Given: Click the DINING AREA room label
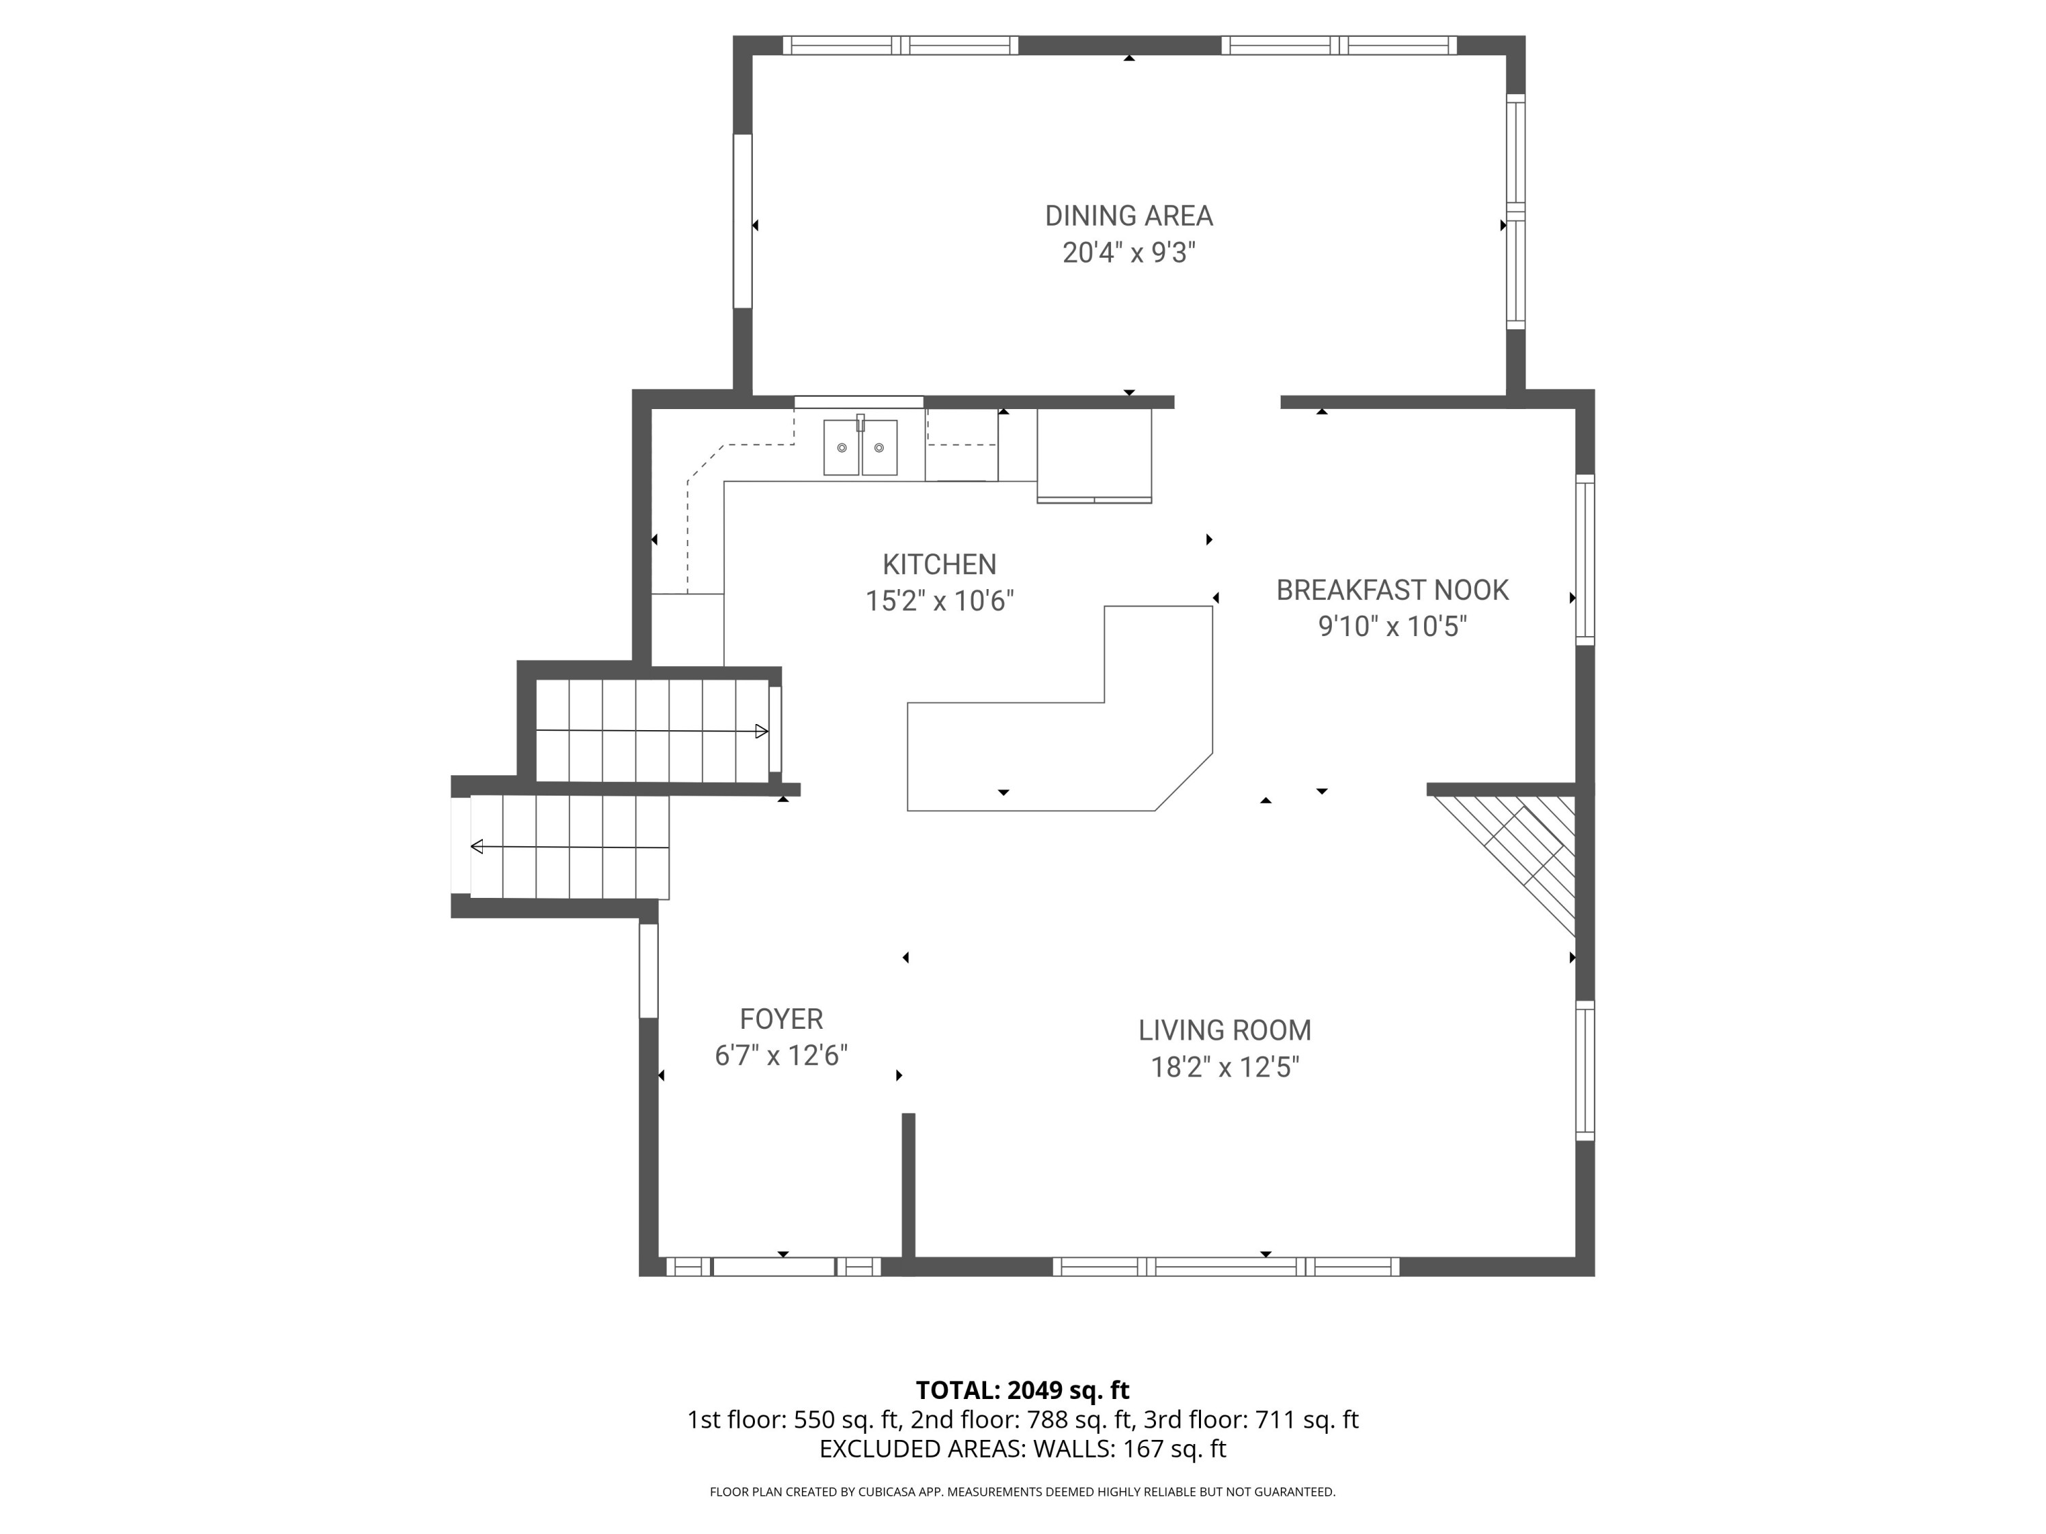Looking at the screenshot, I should (1129, 216).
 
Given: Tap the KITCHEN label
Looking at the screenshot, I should (939, 565).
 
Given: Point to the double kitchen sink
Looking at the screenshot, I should (860, 447).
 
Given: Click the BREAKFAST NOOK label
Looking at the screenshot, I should (1392, 590).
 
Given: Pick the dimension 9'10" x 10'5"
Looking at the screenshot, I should (1392, 627).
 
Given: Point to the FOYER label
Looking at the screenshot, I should (781, 1019).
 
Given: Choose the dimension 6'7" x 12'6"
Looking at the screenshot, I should (781, 1056).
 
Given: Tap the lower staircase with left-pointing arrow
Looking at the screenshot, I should (569, 847).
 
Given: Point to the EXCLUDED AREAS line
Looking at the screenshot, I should (1022, 1449).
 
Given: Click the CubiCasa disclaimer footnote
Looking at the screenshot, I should (1022, 1492).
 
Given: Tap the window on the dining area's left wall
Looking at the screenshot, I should (742, 221).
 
